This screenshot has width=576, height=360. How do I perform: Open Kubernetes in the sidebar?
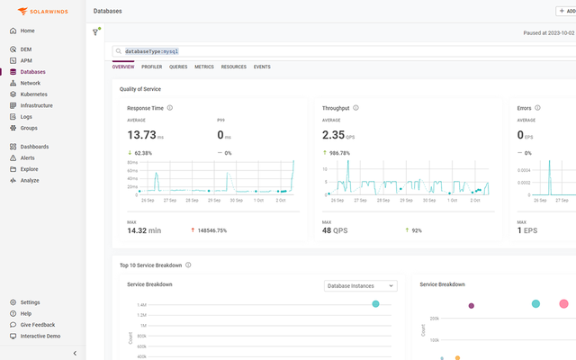pyautogui.click(x=33, y=94)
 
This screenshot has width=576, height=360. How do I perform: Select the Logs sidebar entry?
pyautogui.click(x=26, y=116)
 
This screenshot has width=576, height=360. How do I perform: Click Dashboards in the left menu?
pyautogui.click(x=34, y=147)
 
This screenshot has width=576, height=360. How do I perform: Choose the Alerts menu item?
pyautogui.click(x=27, y=157)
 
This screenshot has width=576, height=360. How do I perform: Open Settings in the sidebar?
pyautogui.click(x=30, y=302)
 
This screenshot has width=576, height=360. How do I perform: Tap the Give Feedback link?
pyautogui.click(x=37, y=324)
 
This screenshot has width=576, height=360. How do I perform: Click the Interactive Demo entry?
pyautogui.click(x=40, y=336)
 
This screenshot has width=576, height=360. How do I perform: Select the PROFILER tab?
pyautogui.click(x=151, y=67)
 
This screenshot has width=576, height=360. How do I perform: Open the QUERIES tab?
pyautogui.click(x=178, y=67)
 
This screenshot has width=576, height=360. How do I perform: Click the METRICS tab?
pyautogui.click(x=204, y=67)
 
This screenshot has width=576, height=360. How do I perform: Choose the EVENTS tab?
pyautogui.click(x=262, y=67)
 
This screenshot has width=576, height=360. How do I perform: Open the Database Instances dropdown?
pyautogui.click(x=360, y=285)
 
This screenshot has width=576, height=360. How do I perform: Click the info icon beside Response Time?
pyautogui.click(x=170, y=108)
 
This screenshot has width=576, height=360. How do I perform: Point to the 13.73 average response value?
pyautogui.click(x=142, y=134)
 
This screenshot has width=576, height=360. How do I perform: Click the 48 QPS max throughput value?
pyautogui.click(x=335, y=230)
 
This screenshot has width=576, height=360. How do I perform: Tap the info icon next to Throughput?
pyautogui.click(x=355, y=108)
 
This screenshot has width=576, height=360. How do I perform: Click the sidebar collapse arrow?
pyautogui.click(x=75, y=353)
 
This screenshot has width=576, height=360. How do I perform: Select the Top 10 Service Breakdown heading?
pyautogui.click(x=150, y=265)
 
